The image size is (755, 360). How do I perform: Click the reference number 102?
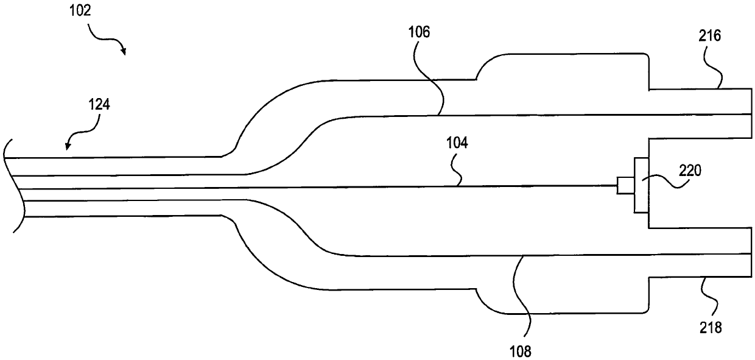pyautogui.click(x=80, y=11)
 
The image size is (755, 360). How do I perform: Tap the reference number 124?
pyautogui.click(x=99, y=105)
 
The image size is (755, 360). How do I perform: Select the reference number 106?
pyautogui.click(x=420, y=32)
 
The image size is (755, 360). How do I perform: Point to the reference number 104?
pyautogui.click(x=457, y=143)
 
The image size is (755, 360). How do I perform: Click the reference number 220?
pyautogui.click(x=690, y=171)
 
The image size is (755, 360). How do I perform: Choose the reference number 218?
pyautogui.click(x=711, y=327)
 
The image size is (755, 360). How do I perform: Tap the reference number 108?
pyautogui.click(x=521, y=352)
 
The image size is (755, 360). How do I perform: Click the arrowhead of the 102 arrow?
pyautogui.click(x=124, y=51)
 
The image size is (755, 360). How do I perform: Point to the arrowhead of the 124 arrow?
pyautogui.click(x=68, y=146)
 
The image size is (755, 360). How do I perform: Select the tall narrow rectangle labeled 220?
pyautogui.click(x=641, y=185)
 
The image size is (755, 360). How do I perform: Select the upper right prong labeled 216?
pyautogui.click(x=700, y=113)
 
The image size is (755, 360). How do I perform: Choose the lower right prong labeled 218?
pyautogui.click(x=700, y=252)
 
